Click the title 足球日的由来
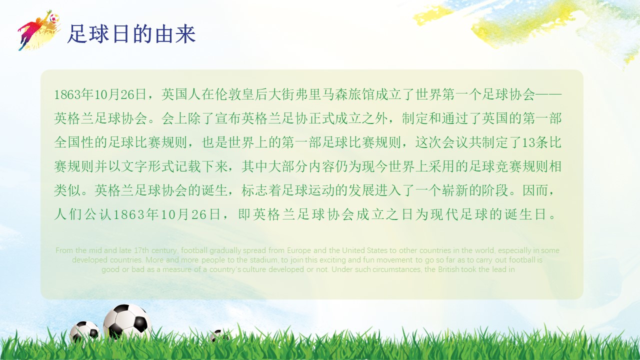(131, 34)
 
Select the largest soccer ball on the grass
(127, 322)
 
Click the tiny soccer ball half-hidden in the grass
(218, 335)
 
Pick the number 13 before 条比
(528, 142)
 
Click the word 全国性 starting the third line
(74, 142)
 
